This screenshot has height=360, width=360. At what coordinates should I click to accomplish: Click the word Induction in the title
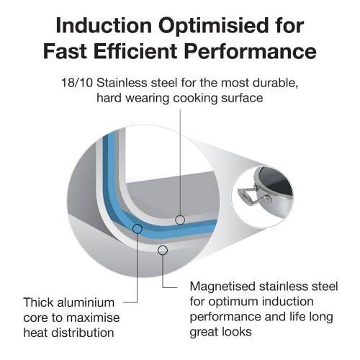tap(104, 25)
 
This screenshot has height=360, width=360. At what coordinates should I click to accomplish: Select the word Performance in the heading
tap(251, 53)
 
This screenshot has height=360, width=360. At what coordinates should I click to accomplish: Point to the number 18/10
tap(77, 83)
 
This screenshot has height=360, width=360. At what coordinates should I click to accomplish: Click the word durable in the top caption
tap(276, 83)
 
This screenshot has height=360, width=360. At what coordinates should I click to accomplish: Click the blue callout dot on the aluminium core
tap(138, 229)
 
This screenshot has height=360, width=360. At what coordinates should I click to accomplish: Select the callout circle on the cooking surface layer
tap(180, 220)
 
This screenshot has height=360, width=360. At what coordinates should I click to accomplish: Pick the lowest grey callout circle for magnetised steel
tap(163, 251)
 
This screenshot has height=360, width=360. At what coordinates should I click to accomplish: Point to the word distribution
tap(83, 333)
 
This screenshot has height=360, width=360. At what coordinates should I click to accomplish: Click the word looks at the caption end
tap(236, 332)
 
